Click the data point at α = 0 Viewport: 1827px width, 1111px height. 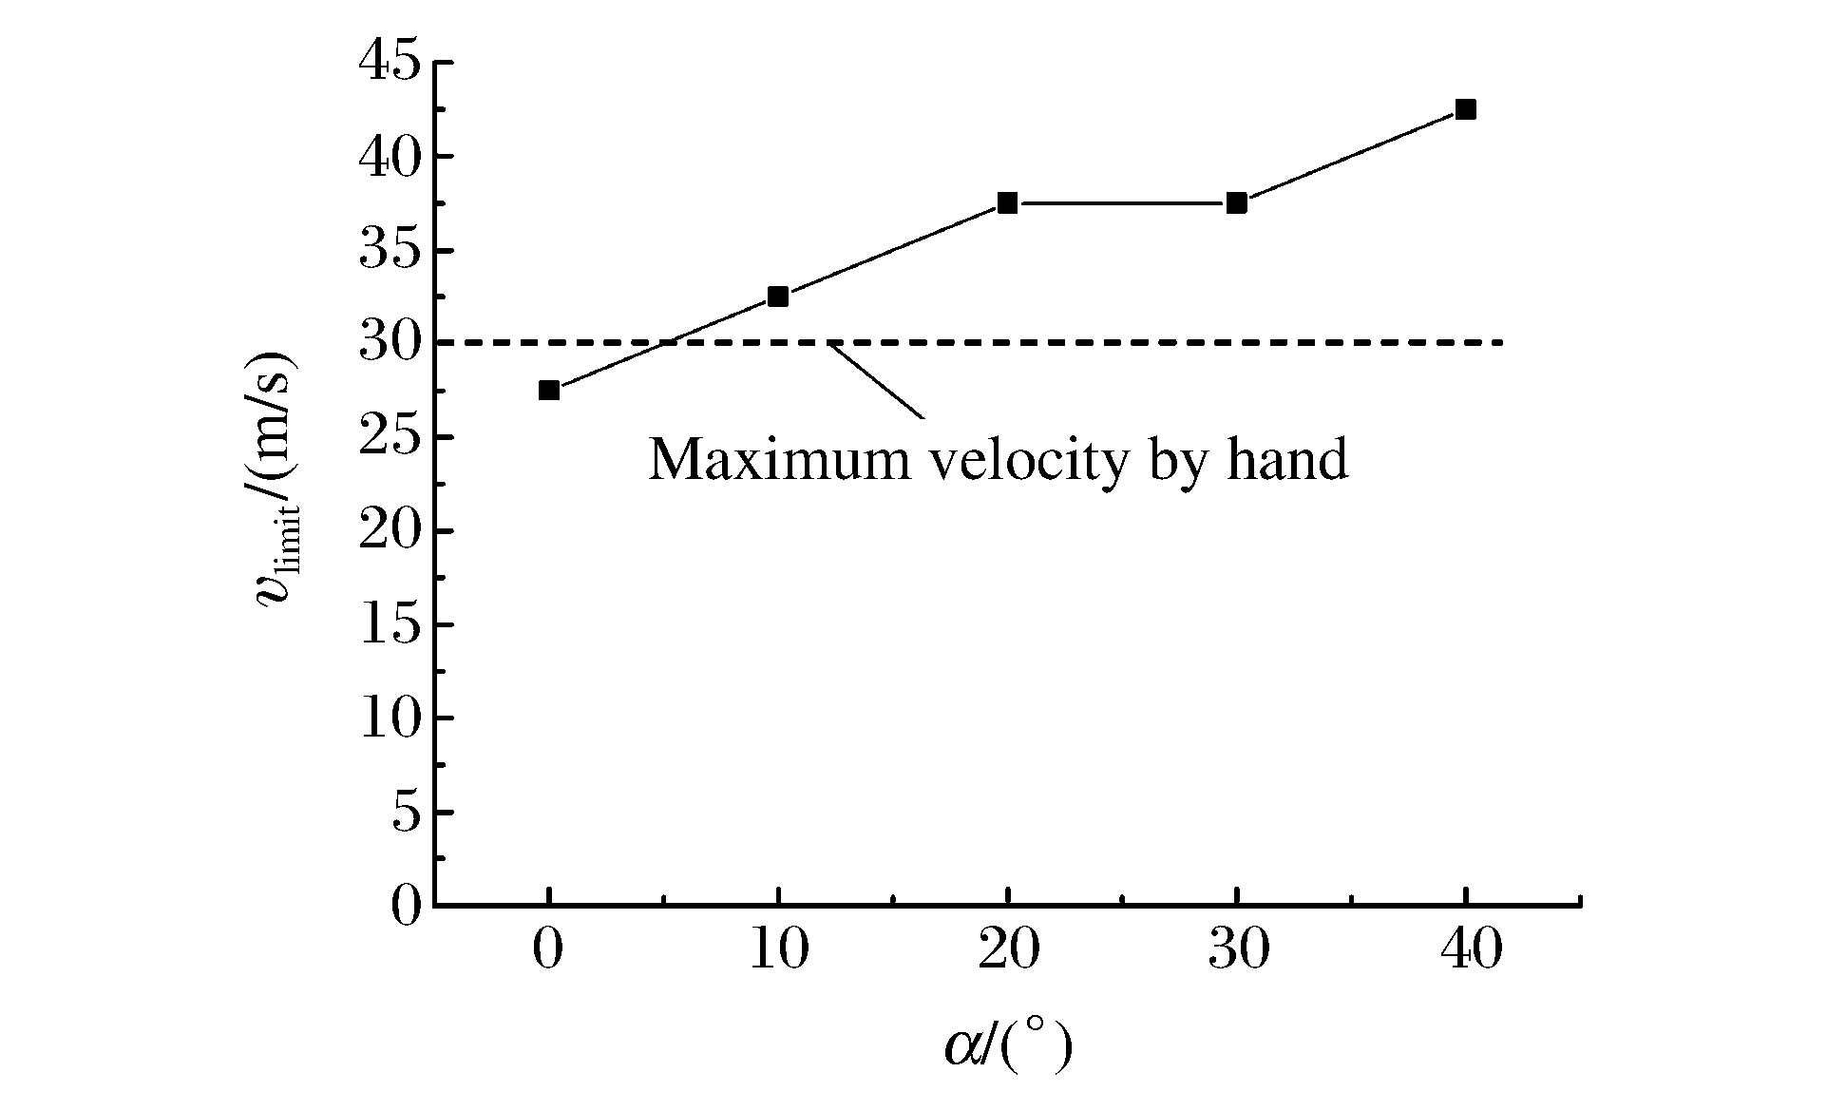(x=548, y=390)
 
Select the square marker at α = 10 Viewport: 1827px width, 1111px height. (x=778, y=297)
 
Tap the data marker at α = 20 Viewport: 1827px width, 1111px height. (x=1007, y=202)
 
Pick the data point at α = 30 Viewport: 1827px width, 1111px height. (x=1236, y=202)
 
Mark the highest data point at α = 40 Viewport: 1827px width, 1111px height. (x=1466, y=109)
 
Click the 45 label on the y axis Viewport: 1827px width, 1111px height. (x=390, y=63)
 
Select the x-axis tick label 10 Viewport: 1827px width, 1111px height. (x=779, y=950)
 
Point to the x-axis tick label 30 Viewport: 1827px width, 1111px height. (x=1237, y=950)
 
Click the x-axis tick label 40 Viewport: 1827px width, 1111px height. (x=1466, y=950)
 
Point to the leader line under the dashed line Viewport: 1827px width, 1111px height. (x=876, y=381)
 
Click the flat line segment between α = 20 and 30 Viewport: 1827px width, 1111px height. (x=1121, y=202)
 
